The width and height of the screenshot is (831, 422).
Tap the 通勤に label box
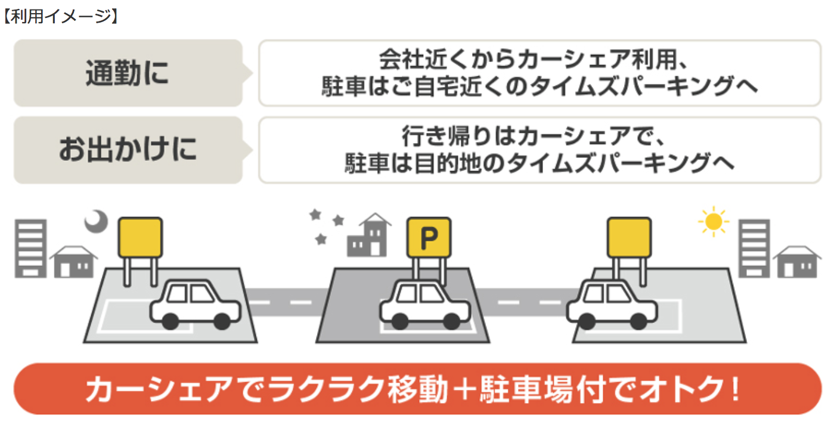pyautogui.click(x=128, y=73)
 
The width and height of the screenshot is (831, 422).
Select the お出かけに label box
pyautogui.click(x=128, y=150)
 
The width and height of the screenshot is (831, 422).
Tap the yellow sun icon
pyautogui.click(x=713, y=222)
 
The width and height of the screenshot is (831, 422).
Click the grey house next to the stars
pyautogui.click(x=369, y=236)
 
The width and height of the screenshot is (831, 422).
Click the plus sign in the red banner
pyautogui.click(x=470, y=390)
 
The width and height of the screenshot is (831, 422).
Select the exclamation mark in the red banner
pyautogui.click(x=734, y=390)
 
